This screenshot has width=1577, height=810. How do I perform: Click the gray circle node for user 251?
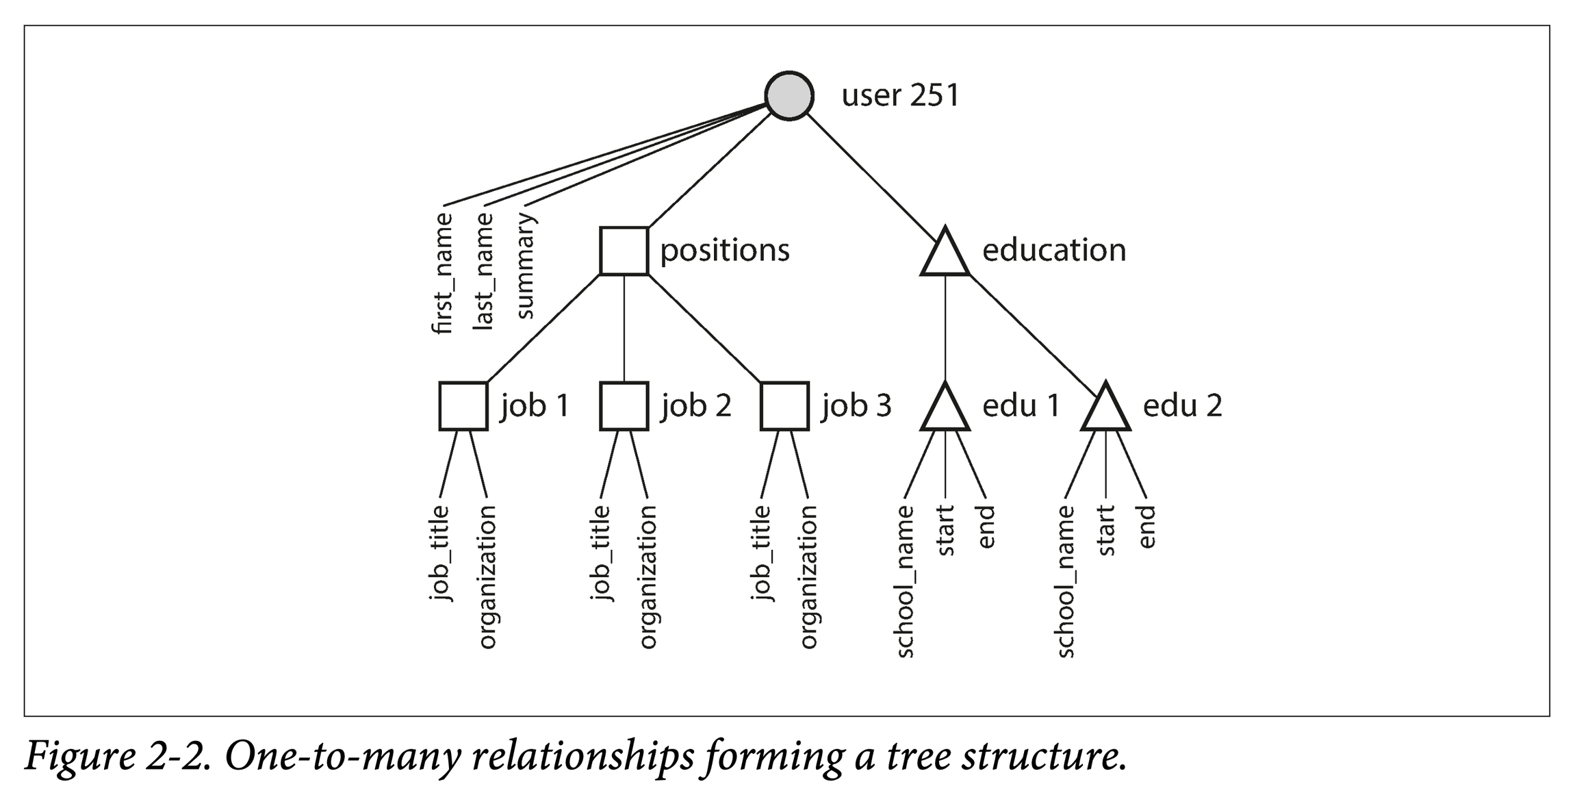click(x=789, y=96)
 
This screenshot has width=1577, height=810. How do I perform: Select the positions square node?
click(x=624, y=251)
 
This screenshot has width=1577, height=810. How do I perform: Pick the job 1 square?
click(x=463, y=406)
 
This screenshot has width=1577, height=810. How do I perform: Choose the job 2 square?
click(x=624, y=406)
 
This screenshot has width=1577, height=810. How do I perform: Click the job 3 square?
click(x=784, y=406)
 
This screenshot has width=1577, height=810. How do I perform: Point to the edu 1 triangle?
click(x=945, y=410)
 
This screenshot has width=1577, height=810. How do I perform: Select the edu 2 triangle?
click(x=1105, y=410)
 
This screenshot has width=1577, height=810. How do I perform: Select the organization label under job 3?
click(x=808, y=577)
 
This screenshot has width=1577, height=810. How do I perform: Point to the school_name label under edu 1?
click(x=905, y=581)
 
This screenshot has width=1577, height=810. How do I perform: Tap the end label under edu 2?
click(x=1147, y=527)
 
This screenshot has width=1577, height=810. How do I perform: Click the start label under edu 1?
click(x=945, y=531)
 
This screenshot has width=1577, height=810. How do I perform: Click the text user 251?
click(x=900, y=96)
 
